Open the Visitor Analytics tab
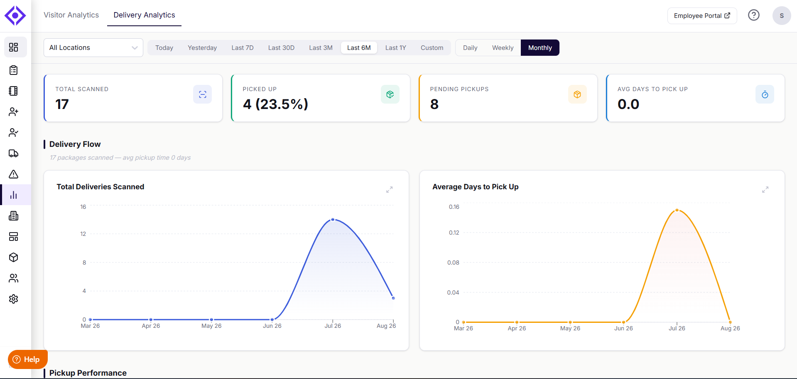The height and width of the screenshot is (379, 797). click(x=71, y=15)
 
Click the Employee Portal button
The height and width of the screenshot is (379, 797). click(x=702, y=16)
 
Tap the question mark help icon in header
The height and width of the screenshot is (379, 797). click(x=753, y=15)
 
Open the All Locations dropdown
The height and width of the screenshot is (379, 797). click(x=93, y=47)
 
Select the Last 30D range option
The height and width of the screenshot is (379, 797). click(x=281, y=48)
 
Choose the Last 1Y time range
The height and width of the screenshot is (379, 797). click(x=395, y=48)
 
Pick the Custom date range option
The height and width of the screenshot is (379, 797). click(x=432, y=48)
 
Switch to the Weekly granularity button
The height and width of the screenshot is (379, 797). click(x=503, y=48)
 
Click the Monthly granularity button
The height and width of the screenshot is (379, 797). click(x=540, y=48)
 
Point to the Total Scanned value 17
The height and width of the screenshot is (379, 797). click(x=62, y=104)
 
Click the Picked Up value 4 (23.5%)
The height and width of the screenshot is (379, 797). click(x=275, y=104)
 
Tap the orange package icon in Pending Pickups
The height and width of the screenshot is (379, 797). click(x=577, y=94)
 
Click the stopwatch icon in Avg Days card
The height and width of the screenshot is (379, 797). click(x=765, y=94)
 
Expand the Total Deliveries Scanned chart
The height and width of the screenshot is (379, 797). click(x=389, y=190)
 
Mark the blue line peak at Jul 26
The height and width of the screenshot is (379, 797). click(x=333, y=220)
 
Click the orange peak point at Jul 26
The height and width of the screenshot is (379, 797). click(x=677, y=210)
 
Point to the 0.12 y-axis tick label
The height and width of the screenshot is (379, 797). click(x=454, y=233)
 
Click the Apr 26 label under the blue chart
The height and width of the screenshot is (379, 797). click(x=151, y=326)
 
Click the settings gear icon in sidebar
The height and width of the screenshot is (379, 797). click(x=14, y=299)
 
